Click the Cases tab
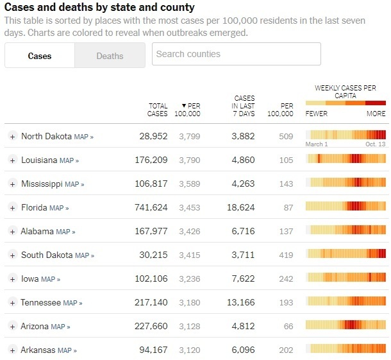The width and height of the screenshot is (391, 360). [x=40, y=56]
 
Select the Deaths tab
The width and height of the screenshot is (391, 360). [x=110, y=56]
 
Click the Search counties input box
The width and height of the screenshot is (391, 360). [x=236, y=54]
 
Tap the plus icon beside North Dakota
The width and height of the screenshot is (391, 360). [x=12, y=136]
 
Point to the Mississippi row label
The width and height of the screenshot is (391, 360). [x=42, y=184]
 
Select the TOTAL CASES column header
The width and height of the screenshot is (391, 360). [x=158, y=110]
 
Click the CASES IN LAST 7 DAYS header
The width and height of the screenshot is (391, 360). [x=244, y=106]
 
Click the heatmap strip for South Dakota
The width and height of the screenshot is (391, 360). [x=345, y=254]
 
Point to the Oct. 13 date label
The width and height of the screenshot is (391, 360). [x=376, y=144]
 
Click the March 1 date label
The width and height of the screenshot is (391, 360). [x=317, y=144]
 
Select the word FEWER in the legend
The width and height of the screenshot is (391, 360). [x=317, y=114]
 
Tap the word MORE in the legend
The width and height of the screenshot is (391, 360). [x=376, y=114]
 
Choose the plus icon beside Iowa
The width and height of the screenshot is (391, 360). [x=12, y=279]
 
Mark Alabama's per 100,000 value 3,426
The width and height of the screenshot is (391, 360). [x=190, y=231]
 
